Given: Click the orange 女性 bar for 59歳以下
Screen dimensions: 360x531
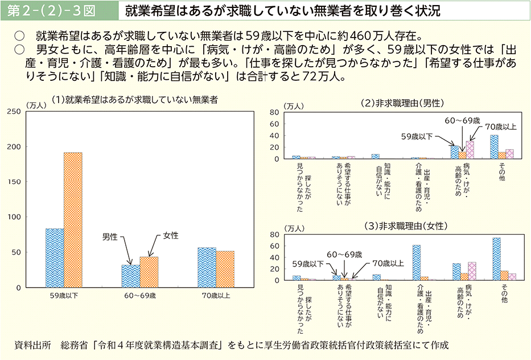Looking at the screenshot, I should coord(72,219).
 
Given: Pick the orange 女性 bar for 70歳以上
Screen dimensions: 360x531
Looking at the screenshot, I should coord(225,269).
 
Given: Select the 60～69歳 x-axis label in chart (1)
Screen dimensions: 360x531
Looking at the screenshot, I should coord(140,296).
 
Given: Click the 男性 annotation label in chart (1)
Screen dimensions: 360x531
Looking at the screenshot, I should coord(110,236).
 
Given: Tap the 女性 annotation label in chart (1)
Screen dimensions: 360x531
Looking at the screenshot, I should coord(171,235).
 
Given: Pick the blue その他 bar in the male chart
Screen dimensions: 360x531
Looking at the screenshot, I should coord(494,147).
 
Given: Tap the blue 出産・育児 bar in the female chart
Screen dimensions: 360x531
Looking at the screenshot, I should coord(417,263).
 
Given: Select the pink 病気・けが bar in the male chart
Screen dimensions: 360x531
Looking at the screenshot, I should coord(470,150).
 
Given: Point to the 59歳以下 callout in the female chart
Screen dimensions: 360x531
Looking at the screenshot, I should coord(308,264).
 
